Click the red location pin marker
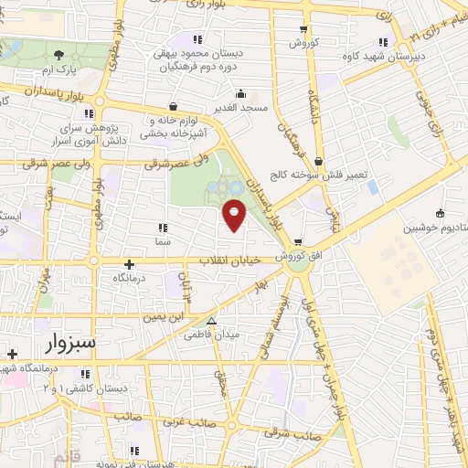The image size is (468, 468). pyautogui.click(x=235, y=216)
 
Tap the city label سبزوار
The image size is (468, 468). pyautogui.click(x=75, y=343)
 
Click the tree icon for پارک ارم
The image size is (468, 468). pyautogui.click(x=59, y=55)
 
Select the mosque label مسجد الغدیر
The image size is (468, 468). pyautogui.click(x=239, y=108)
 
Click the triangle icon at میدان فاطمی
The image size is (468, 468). pyautogui.click(x=211, y=322)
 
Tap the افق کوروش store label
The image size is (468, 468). pyautogui.click(x=303, y=257)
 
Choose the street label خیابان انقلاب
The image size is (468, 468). pyautogui.click(x=230, y=261)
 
